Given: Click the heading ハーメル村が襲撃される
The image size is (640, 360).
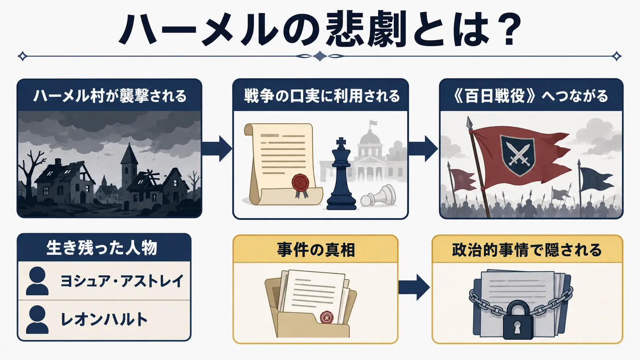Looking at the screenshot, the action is tap(110, 96).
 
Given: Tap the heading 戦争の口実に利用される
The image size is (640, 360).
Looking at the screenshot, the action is tap(322, 96).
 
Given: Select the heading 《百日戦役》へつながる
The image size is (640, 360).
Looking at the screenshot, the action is tap(531, 96).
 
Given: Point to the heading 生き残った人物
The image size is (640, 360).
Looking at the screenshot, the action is tap(102, 248).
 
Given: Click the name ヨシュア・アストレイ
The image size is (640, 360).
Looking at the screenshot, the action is tap(121, 281).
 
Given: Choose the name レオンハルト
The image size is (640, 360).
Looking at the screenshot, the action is tap(104, 319).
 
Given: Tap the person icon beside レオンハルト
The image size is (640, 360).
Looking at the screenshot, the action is tap(37, 319).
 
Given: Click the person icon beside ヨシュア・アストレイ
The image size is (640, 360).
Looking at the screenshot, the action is tap(37, 281).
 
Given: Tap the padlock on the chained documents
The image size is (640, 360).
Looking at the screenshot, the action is tap(518, 320).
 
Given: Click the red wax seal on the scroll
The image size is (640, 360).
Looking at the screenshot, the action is tap(300, 182).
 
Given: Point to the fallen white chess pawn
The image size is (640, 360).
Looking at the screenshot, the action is tap(378, 196).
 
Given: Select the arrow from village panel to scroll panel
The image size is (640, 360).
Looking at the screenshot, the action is tap(217, 149).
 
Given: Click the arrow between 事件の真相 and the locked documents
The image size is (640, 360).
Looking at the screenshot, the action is tap(414, 287).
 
